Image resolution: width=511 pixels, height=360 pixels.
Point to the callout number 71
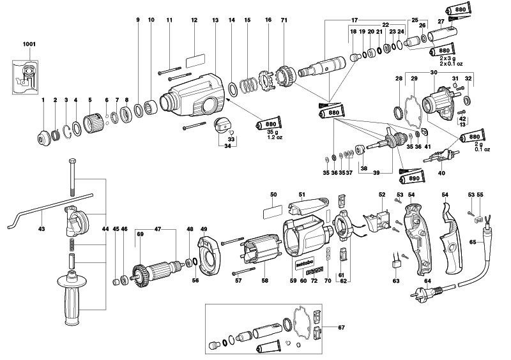point(284,20)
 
